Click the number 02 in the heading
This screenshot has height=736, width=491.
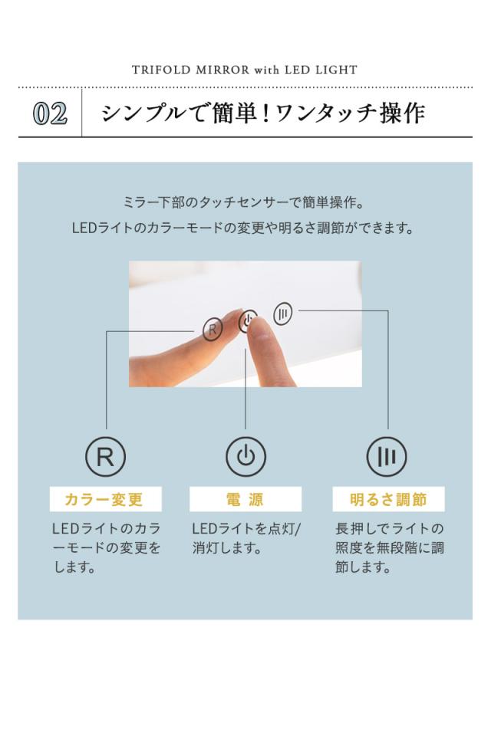click(x=51, y=114)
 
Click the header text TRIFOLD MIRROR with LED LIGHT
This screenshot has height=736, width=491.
click(x=245, y=70)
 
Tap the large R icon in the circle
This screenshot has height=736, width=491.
click(x=105, y=458)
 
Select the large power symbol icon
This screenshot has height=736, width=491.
click(x=245, y=458)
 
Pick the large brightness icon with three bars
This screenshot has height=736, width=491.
click(x=387, y=458)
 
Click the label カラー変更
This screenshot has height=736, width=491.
click(x=105, y=500)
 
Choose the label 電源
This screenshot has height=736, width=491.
click(x=245, y=500)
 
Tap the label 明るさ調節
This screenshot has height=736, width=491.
click(x=387, y=500)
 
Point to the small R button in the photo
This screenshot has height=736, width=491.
click(x=213, y=330)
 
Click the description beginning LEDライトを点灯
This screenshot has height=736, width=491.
click(x=246, y=539)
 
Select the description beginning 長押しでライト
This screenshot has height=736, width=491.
click(x=390, y=548)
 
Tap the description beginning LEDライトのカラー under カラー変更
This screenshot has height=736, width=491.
click(x=107, y=548)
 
